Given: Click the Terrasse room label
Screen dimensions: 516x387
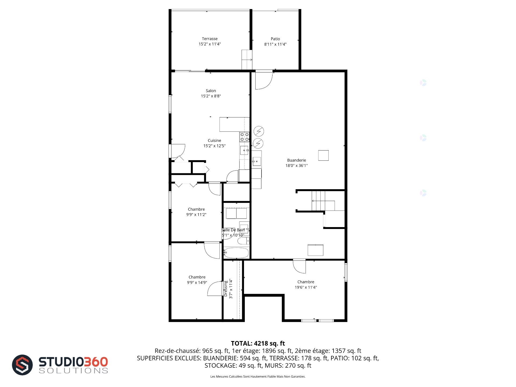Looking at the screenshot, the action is click(x=210, y=39).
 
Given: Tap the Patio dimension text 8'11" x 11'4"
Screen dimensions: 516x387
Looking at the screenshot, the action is click(x=275, y=44).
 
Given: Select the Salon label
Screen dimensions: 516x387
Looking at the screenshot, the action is click(x=211, y=91).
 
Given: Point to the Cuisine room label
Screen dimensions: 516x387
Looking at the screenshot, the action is click(x=214, y=141).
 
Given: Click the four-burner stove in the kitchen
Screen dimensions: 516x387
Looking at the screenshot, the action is click(x=245, y=137).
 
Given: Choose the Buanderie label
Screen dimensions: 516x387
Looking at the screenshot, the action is click(x=296, y=160).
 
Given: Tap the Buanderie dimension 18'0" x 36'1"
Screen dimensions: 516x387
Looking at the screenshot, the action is click(x=296, y=166).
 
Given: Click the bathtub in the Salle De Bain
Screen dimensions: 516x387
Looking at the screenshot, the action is click(x=236, y=253).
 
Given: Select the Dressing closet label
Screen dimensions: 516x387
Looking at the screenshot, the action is click(x=226, y=289).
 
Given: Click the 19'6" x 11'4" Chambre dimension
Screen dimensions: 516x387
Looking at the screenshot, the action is click(x=306, y=287).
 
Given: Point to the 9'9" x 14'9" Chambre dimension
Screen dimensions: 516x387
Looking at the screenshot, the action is click(x=197, y=282).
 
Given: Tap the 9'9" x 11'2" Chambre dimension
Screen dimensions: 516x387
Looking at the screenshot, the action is click(x=196, y=214).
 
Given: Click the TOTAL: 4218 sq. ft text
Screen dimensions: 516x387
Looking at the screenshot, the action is click(x=258, y=343).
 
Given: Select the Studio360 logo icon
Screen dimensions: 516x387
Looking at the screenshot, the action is click(x=22, y=365).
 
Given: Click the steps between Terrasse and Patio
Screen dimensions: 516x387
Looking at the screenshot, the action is click(x=247, y=59).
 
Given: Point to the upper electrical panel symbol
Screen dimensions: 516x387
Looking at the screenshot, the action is click(x=259, y=131).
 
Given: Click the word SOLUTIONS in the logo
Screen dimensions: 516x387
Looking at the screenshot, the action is click(x=73, y=371).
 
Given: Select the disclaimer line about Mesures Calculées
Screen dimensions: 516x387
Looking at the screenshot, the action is click(x=258, y=377).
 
